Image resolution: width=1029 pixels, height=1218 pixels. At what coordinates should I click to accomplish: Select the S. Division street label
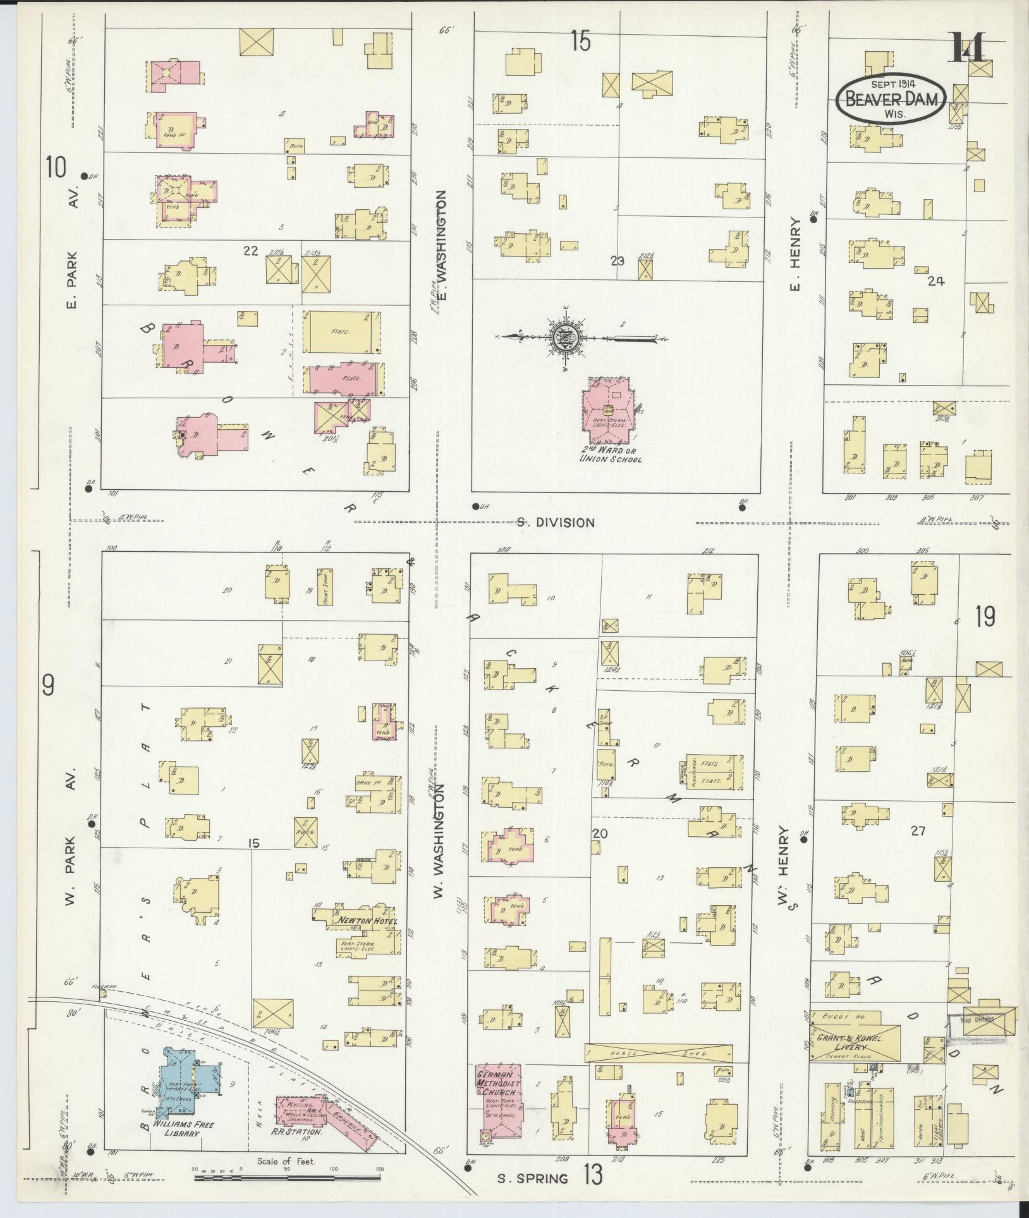point(555,523)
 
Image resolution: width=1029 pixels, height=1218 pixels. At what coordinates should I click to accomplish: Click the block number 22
point(251,251)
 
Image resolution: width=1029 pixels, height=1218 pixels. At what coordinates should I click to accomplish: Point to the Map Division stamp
point(982,1020)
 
